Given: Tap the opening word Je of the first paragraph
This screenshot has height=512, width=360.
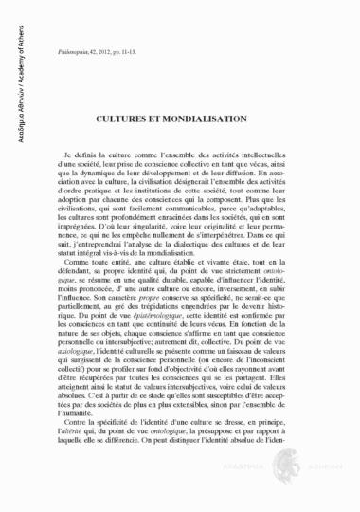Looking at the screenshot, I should [x=69, y=153].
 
